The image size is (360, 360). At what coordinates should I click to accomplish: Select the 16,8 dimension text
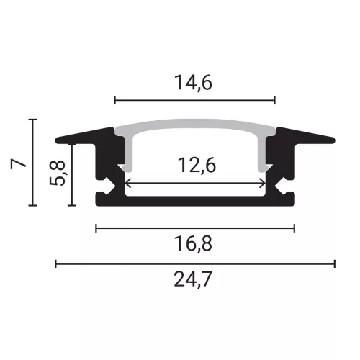pyautogui.click(x=195, y=246)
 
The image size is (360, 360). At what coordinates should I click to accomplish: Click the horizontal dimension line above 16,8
pyautogui.click(x=195, y=228)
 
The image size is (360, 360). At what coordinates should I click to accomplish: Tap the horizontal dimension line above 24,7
pyautogui.click(x=195, y=264)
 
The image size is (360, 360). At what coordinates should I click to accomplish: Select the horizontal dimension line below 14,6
pyautogui.click(x=195, y=99)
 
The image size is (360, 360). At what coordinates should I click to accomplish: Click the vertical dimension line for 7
pyautogui.click(x=32, y=162)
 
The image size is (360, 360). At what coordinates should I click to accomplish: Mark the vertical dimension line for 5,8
pyautogui.click(x=71, y=174)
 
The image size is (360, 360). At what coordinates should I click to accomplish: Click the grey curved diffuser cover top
pyautogui.click(x=195, y=128)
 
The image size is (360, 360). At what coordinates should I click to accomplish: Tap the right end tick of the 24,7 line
pyautogui.click(x=335, y=264)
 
